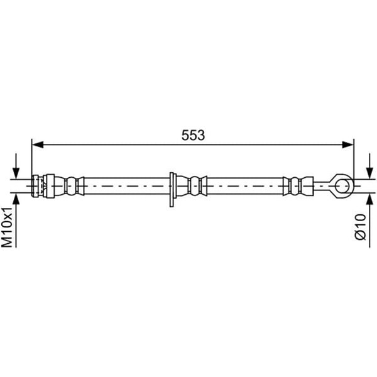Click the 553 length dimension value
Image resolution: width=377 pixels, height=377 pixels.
pos(193,135)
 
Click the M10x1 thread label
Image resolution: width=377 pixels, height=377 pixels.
pos(7,227)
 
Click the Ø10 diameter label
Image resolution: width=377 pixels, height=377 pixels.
pos(361,227)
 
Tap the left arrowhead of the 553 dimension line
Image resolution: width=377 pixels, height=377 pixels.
pos(38,145)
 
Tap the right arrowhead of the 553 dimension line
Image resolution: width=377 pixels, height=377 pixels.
pos(348,145)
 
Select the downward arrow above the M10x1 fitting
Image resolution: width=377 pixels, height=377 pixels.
pos(16,166)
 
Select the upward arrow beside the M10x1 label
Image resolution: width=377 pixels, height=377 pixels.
pos(16,220)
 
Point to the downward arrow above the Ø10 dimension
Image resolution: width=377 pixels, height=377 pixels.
pos(369,166)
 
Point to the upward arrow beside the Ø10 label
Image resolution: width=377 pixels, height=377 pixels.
pos(369,220)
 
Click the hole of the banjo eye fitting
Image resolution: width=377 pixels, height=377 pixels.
pos(342,186)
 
